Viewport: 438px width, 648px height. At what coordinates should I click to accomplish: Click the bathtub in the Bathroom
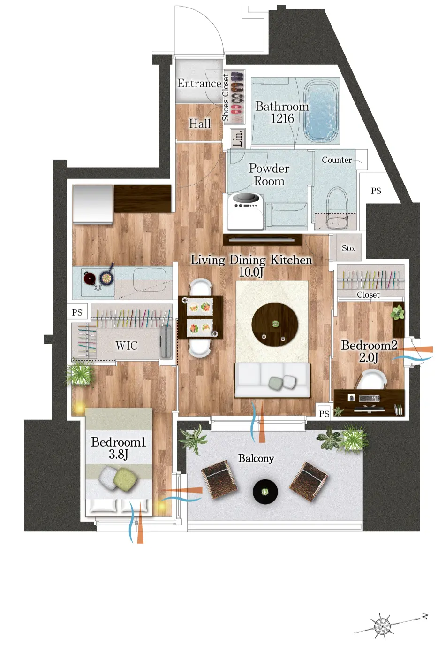point(322,111)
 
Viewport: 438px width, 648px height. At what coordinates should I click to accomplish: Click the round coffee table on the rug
point(274,324)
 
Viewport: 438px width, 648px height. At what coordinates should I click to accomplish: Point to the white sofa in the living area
point(272,380)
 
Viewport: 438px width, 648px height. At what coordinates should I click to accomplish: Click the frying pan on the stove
point(107,276)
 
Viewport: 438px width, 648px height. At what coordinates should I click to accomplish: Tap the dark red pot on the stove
point(90,278)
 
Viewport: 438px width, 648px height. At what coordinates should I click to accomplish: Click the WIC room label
point(127,346)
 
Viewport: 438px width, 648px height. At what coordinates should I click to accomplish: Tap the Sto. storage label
point(348,248)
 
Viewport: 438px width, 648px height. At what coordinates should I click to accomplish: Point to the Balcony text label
point(256,458)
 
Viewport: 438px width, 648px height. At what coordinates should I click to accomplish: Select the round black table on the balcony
point(265,492)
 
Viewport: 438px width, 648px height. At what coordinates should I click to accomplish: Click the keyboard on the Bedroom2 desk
point(369,399)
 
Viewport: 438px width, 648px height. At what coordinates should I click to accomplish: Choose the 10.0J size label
point(251,272)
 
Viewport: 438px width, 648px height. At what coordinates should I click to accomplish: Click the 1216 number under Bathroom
point(282,118)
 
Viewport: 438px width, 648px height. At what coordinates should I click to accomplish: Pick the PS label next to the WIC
point(77,312)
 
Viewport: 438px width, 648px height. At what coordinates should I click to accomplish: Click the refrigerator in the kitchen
point(93,204)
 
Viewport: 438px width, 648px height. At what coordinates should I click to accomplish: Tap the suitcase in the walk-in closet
point(166,342)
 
